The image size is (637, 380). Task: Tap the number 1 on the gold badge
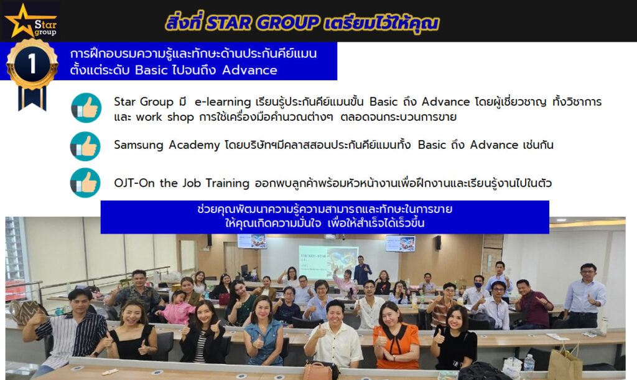[32, 64]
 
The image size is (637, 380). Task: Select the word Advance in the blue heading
[249, 70]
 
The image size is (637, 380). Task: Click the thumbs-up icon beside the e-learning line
[86, 108]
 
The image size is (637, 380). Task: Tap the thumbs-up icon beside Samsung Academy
[85, 146]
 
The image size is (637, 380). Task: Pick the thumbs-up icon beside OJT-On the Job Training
[85, 183]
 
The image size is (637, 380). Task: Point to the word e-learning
[223, 102]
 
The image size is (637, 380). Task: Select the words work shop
[164, 117]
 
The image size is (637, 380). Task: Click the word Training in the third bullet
[227, 183]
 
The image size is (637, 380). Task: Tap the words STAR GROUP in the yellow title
[263, 22]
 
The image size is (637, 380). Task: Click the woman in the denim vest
[264, 331]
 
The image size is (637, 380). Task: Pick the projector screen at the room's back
[328, 260]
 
